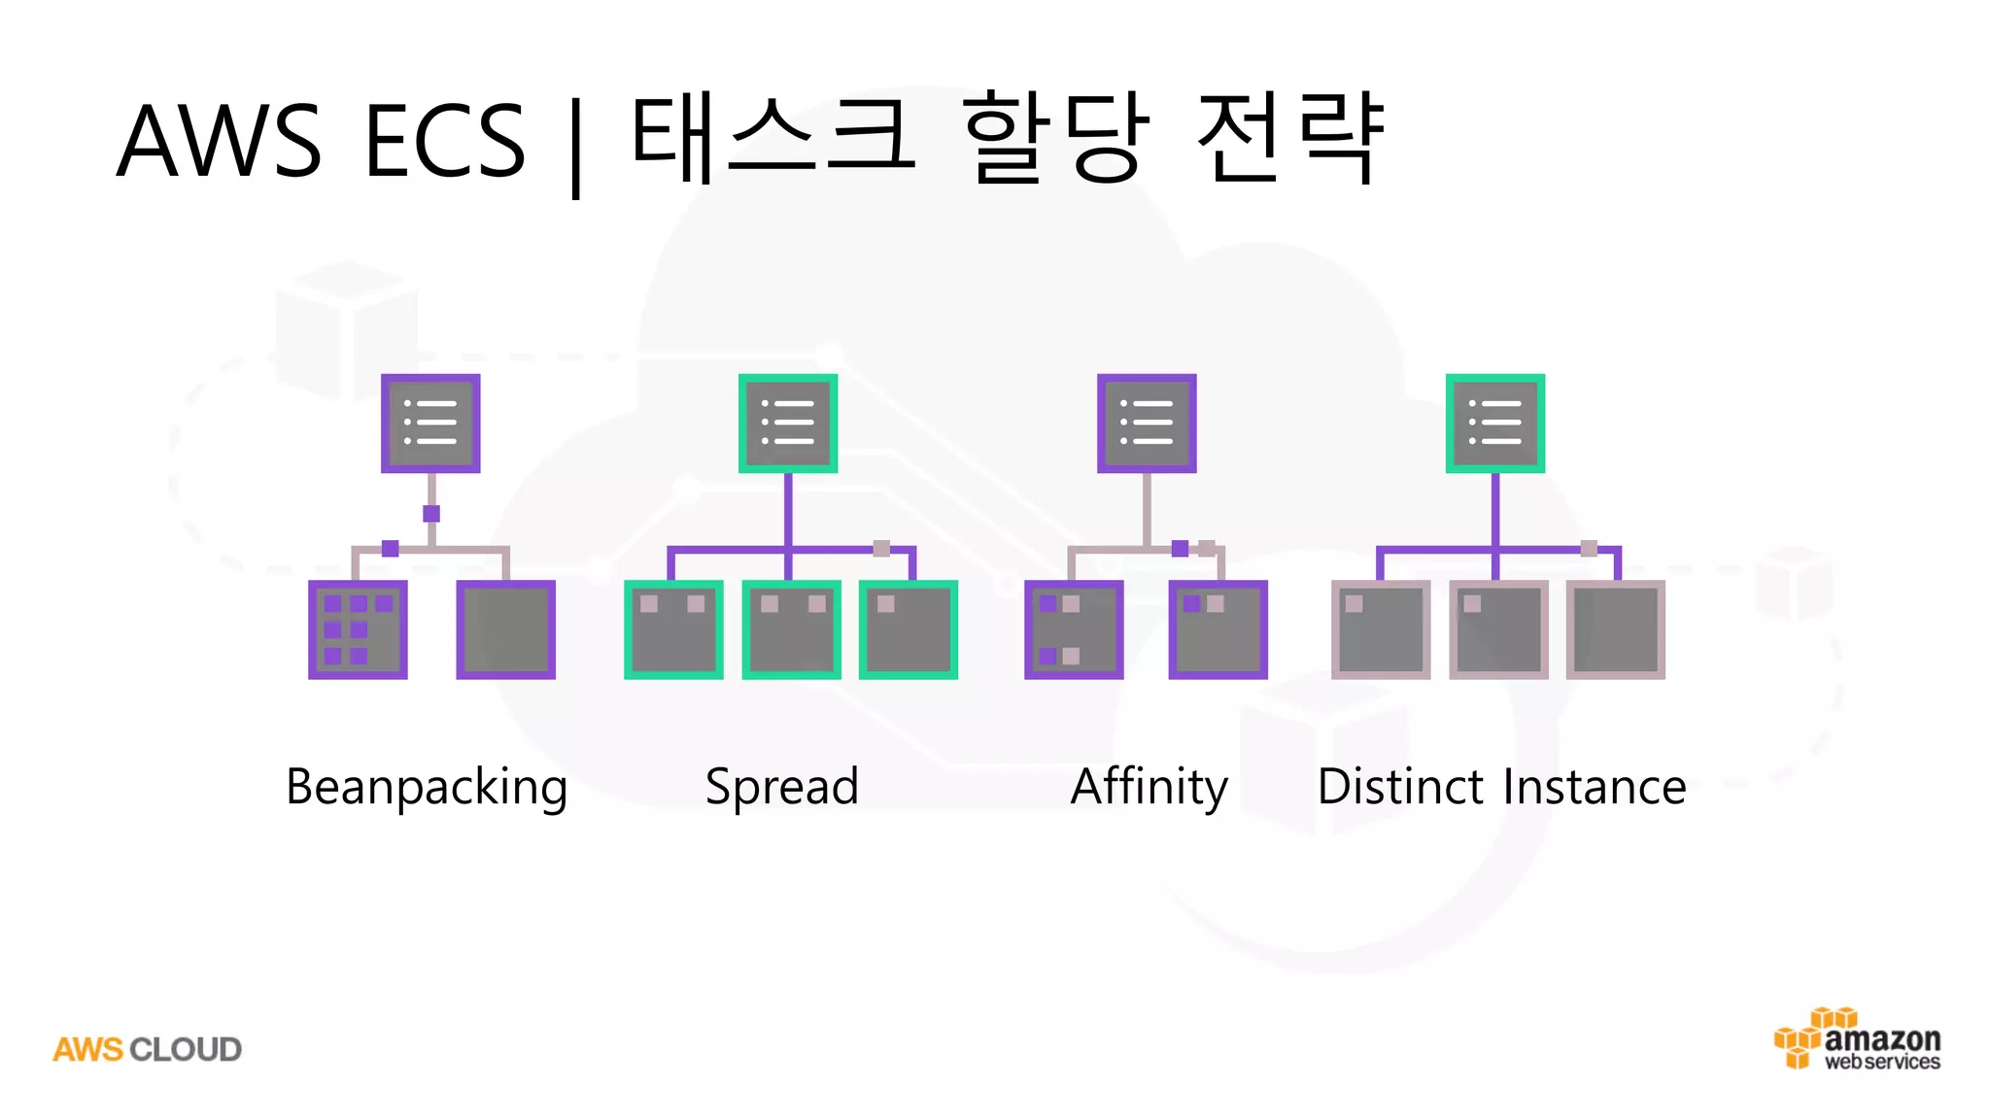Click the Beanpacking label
tap(427, 787)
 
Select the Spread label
tap(782, 787)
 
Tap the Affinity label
tap(1149, 787)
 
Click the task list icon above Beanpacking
tap(430, 424)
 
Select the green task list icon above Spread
tap(788, 424)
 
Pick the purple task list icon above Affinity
tap(1147, 424)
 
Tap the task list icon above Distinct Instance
tap(1495, 424)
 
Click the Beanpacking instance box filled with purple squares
tap(358, 629)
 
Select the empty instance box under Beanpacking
tap(506, 629)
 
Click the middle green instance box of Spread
tap(791, 629)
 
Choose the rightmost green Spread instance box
tap(909, 629)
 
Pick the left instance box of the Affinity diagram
tap(1074, 629)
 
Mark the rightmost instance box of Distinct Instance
tap(1616, 629)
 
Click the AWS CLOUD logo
tap(147, 1050)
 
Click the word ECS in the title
tap(445, 141)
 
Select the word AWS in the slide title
tap(219, 141)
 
